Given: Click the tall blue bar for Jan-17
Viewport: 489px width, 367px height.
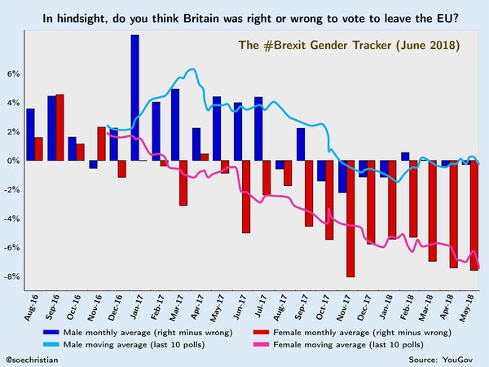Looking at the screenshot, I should [134, 98].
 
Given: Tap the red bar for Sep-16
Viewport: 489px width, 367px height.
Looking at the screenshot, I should [59, 127].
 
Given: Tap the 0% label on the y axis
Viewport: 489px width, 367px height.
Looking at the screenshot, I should [15, 161].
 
